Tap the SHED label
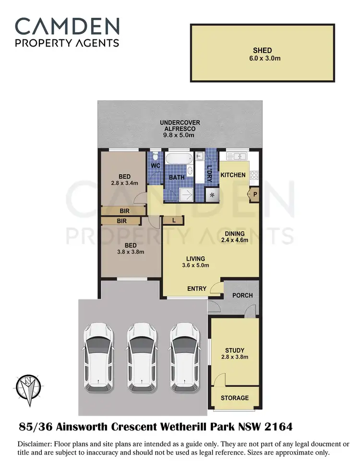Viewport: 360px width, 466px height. [x=263, y=50]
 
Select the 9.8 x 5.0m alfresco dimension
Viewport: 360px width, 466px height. [x=180, y=136]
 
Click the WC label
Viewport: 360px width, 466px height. [x=156, y=166]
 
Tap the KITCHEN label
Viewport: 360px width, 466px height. [x=233, y=175]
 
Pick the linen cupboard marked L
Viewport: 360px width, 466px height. [x=173, y=220]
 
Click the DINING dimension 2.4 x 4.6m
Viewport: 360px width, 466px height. [x=235, y=240]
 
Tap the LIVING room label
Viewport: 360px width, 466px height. [x=192, y=258]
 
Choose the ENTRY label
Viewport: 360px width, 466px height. [x=197, y=289]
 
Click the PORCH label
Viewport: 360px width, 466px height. [x=242, y=295]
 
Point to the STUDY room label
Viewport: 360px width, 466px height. [x=235, y=350]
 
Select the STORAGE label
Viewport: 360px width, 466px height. [x=235, y=398]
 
